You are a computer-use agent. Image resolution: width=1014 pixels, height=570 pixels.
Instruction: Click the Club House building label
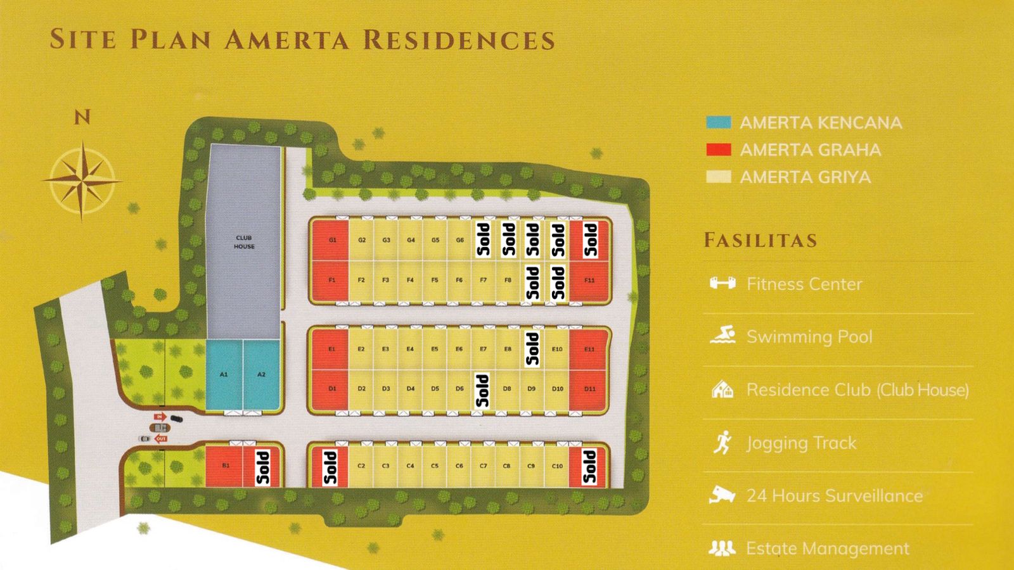[244, 242]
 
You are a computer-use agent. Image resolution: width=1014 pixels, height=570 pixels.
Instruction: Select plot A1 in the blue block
[224, 375]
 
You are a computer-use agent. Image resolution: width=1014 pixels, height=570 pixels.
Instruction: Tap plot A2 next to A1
[261, 375]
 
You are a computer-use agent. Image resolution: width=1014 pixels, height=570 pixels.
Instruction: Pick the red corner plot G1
[332, 241]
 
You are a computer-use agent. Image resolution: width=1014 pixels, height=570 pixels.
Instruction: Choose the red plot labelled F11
[589, 281]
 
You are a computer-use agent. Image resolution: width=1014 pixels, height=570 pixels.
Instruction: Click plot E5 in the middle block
[435, 349]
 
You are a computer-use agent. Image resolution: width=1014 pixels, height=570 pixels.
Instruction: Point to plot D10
[557, 389]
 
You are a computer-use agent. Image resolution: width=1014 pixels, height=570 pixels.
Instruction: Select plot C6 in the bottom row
[459, 466]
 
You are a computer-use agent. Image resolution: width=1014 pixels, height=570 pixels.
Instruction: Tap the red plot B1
[225, 466]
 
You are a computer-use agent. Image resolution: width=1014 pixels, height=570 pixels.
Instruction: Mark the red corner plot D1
[332, 389]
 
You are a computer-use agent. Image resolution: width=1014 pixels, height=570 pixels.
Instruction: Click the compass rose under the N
[82, 181]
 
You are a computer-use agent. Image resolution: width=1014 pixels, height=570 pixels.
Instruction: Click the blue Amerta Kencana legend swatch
[719, 122]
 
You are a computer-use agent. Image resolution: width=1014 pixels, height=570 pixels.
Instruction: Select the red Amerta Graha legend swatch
[719, 149]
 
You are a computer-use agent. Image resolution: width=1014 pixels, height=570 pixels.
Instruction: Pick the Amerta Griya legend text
[805, 177]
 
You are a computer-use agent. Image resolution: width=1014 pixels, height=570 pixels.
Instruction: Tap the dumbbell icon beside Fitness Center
[722, 283]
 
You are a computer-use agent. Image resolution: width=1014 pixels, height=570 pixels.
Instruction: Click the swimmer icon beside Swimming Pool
[722, 335]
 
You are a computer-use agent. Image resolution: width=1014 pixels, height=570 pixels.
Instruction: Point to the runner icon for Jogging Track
[722, 442]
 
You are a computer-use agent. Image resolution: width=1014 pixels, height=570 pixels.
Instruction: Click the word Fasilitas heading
[760, 241]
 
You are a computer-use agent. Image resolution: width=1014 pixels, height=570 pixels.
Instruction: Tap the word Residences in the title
[459, 40]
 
